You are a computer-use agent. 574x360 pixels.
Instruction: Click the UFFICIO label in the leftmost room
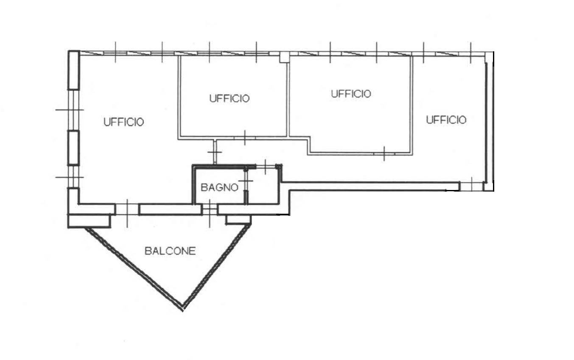click(124, 122)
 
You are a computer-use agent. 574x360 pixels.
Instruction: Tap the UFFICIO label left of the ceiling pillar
click(230, 98)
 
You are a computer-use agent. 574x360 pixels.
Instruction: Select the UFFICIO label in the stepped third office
click(351, 94)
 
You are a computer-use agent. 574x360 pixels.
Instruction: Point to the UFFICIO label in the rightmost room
click(446, 120)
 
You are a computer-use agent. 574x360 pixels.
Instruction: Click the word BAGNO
click(219, 188)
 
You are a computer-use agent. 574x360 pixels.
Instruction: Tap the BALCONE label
click(170, 251)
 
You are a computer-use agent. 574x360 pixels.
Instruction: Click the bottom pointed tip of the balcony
click(183, 311)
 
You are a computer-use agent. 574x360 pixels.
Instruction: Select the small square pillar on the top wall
click(284, 57)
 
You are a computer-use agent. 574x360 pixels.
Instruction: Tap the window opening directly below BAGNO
click(209, 209)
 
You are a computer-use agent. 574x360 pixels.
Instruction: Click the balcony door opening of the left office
click(127, 209)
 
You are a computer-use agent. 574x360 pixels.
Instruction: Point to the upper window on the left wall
click(73, 110)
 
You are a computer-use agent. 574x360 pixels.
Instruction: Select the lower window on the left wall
click(73, 177)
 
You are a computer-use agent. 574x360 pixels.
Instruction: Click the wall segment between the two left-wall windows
click(73, 148)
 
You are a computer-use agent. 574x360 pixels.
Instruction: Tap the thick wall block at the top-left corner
click(74, 70)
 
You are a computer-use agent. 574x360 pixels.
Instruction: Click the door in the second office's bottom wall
click(245, 138)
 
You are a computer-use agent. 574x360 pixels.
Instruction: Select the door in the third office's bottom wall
click(384, 153)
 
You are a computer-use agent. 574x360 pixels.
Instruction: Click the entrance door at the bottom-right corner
click(471, 186)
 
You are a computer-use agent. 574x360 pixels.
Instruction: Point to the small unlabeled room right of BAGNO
click(263, 186)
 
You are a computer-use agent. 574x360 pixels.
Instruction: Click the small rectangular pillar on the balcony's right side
click(238, 220)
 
